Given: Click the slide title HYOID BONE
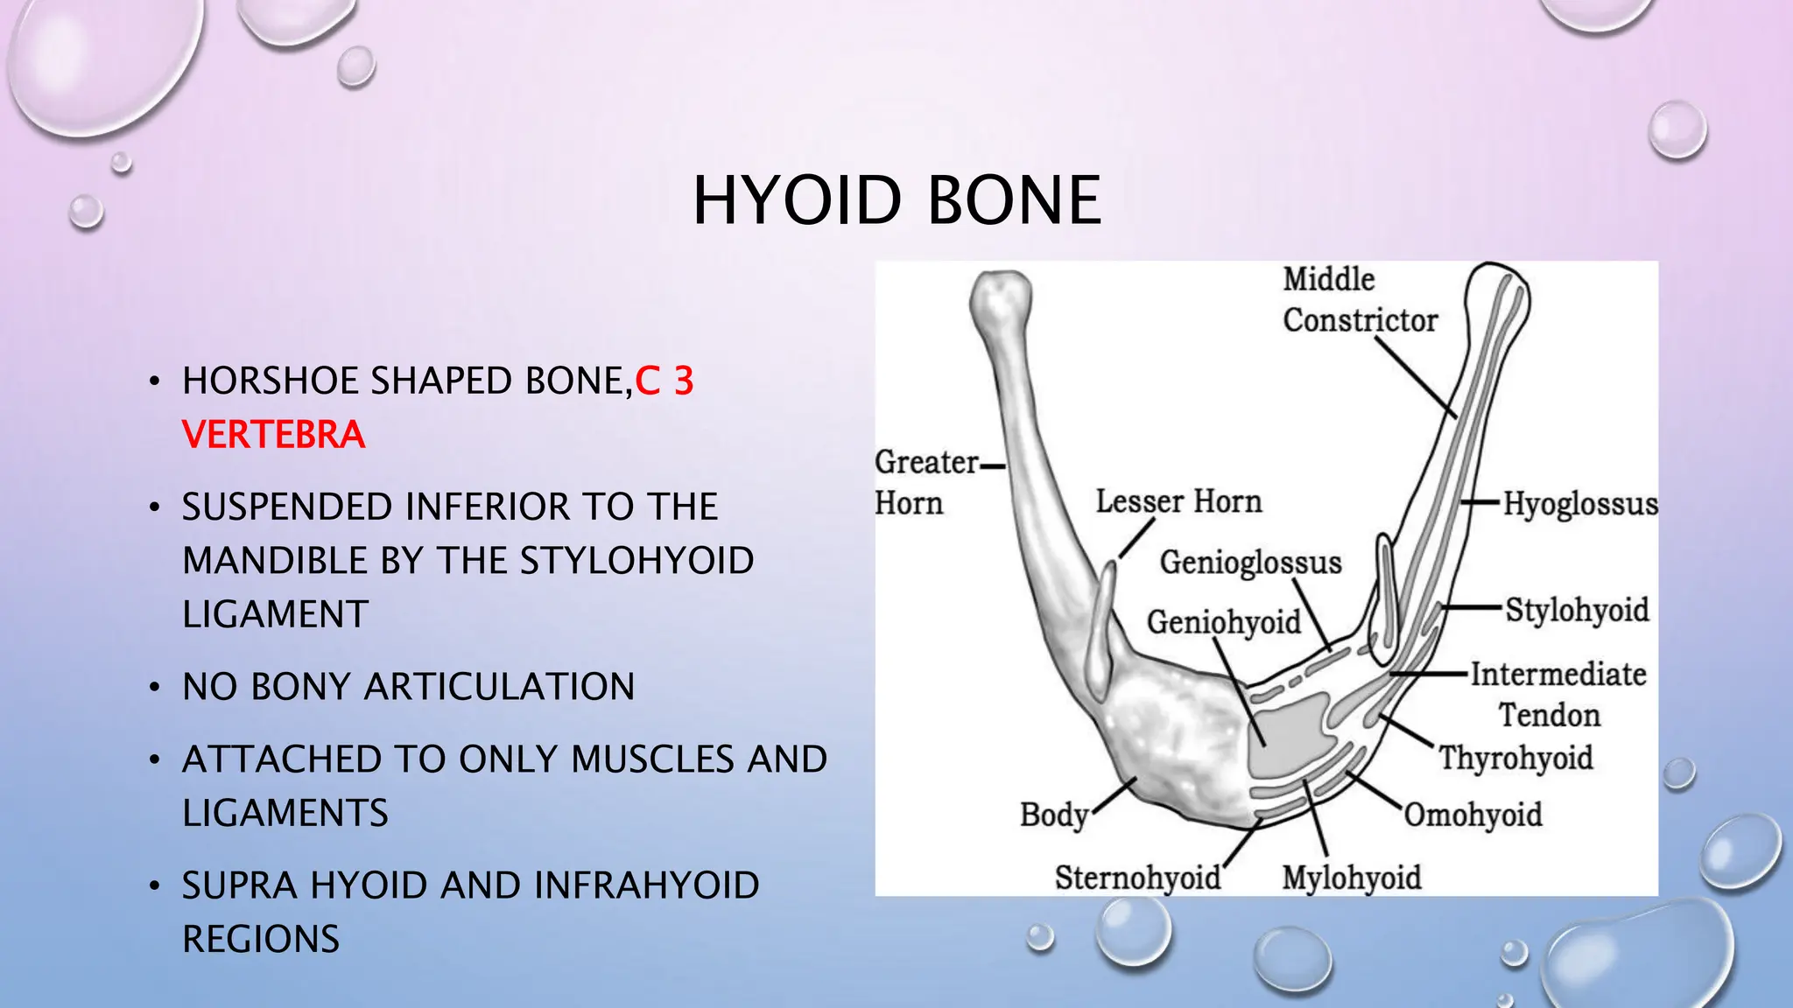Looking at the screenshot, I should tap(896, 201).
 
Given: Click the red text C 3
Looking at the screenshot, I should tap(664, 381).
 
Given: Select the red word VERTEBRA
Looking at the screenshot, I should tap(273, 435).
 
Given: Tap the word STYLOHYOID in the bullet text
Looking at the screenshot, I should tap(636, 561).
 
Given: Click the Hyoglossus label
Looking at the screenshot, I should tap(1579, 504).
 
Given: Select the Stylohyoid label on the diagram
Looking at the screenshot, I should tap(1577, 610).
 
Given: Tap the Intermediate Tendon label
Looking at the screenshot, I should tap(1557, 694).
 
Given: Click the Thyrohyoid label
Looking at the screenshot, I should tap(1515, 758).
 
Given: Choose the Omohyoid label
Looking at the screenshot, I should tap(1473, 815).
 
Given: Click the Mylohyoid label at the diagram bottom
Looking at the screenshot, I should tap(1351, 878).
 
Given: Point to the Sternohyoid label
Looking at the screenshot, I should tap(1137, 878).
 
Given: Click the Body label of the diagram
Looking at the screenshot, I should tap(1053, 815).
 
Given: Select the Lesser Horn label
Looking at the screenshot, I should tap(1178, 501).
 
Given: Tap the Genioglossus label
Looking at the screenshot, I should tap(1250, 562).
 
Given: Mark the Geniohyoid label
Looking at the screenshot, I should tap(1223, 622).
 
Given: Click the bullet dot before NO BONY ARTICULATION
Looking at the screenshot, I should tap(154, 688).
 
